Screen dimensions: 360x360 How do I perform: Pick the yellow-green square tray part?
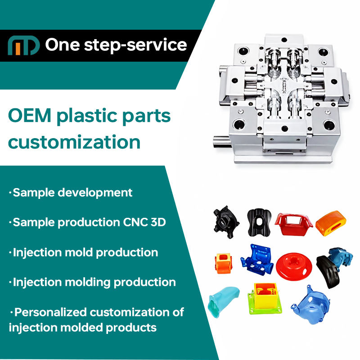(265, 298)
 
